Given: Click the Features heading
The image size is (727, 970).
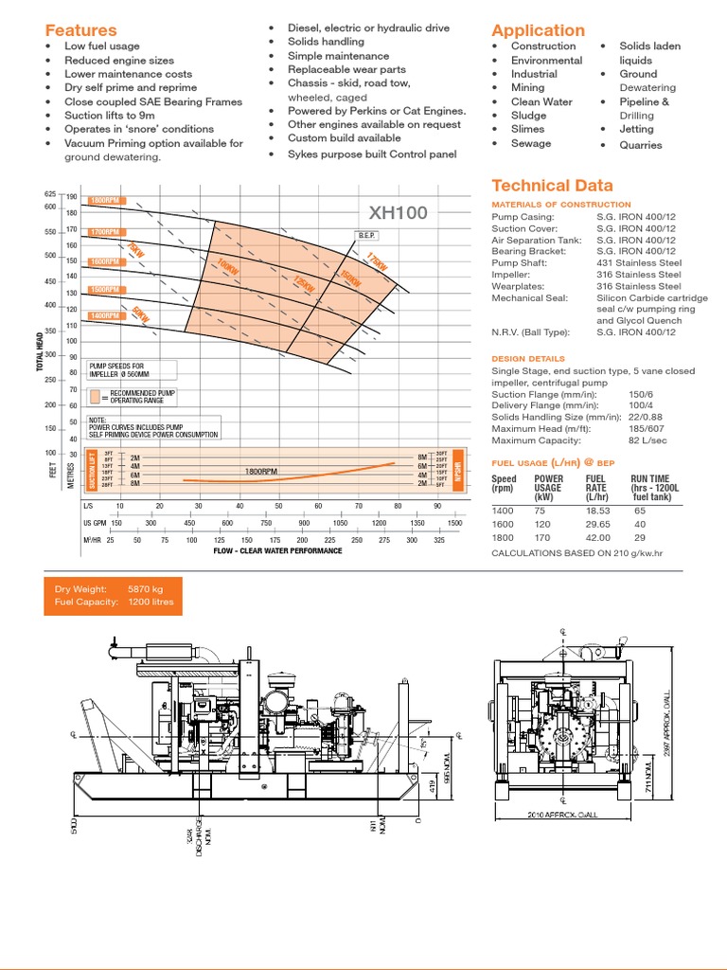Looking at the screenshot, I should [80, 30].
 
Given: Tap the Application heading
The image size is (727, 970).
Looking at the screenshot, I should [538, 30].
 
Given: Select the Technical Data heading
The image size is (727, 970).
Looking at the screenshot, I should [552, 186].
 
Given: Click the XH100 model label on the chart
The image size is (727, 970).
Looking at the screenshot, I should [398, 213].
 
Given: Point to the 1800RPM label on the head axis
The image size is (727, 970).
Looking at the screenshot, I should [105, 201].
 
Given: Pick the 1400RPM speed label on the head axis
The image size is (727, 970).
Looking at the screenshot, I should [105, 315].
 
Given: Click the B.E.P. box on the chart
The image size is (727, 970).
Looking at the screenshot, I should [367, 235].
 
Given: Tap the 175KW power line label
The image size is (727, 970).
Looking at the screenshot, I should [377, 265].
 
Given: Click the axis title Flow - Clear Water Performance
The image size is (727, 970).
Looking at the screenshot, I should [277, 550].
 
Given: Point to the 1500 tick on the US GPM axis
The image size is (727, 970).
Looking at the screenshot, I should [453, 523].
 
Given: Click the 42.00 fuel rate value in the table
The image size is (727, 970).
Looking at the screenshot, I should [599, 538].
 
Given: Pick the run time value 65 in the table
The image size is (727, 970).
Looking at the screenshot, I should [640, 510].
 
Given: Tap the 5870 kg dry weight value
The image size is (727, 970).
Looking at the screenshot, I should [145, 589].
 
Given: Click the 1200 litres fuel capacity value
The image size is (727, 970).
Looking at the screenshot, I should [151, 602].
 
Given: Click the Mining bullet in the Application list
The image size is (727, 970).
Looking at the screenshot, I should [527, 87].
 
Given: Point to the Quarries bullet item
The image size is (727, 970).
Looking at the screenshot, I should [640, 145].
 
